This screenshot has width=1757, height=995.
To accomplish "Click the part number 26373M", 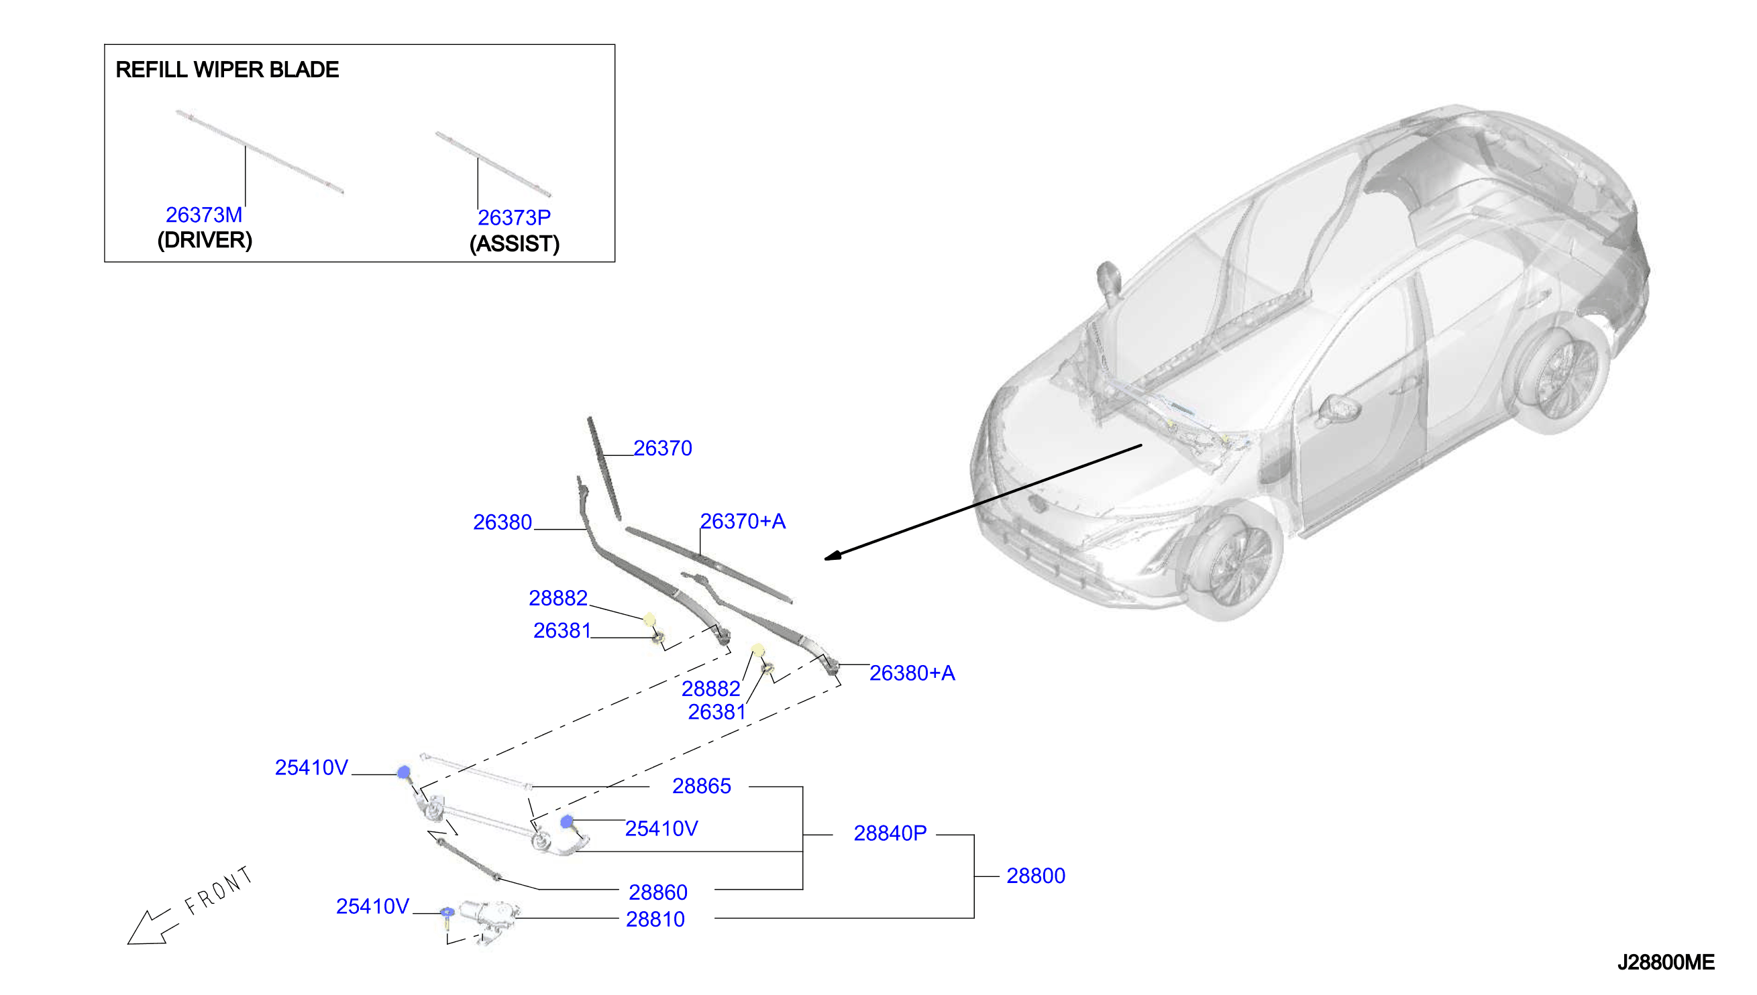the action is [204, 215].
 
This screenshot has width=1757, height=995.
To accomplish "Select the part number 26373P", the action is [514, 218].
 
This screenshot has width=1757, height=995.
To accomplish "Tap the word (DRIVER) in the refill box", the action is [205, 241].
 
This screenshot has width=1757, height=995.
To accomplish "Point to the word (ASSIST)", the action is [515, 244].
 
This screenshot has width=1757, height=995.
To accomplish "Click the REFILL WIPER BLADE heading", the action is [227, 70].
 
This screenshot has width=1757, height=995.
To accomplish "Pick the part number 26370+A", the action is [743, 522].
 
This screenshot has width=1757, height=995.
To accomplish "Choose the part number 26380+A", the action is [912, 673].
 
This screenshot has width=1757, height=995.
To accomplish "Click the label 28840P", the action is [890, 833].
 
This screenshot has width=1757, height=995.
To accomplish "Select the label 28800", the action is [1036, 876].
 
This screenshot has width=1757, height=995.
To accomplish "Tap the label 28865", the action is [702, 786].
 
